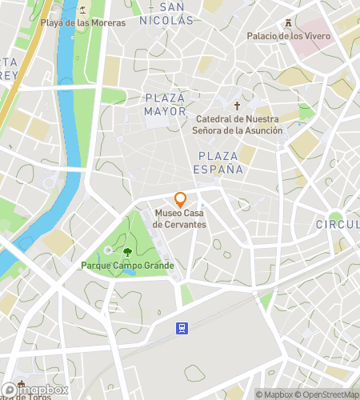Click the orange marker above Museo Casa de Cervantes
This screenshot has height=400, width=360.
[180, 199]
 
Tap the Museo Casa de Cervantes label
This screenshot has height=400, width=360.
[180, 218]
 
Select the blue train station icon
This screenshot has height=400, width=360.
[182, 327]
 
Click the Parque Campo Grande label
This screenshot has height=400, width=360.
[128, 266]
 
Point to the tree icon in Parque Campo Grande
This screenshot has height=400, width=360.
[128, 253]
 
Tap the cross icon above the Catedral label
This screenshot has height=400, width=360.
[236, 106]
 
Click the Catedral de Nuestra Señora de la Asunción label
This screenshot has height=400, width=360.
[239, 125]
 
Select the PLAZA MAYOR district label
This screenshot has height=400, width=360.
[165, 105]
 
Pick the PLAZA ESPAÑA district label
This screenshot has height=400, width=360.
[217, 162]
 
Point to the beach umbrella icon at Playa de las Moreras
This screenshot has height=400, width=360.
[83, 10]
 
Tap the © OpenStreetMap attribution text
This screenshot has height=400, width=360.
[328, 394]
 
